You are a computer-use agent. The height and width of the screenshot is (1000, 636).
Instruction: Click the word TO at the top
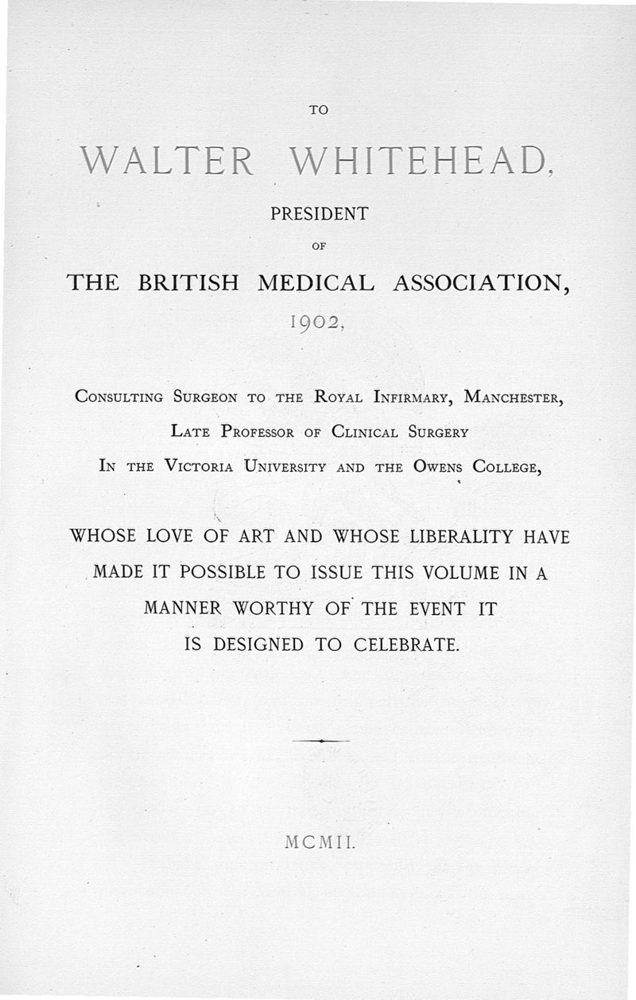[x=318, y=111]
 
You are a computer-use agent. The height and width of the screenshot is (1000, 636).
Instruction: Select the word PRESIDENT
[x=318, y=214]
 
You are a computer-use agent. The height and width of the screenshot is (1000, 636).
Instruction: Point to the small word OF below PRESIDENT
[x=318, y=247]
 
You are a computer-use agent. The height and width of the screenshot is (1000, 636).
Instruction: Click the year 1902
[x=316, y=322]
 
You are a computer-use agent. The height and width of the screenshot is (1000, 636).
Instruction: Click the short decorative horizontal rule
[x=320, y=741]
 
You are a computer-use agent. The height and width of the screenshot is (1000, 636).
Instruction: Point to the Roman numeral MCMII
[x=317, y=842]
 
